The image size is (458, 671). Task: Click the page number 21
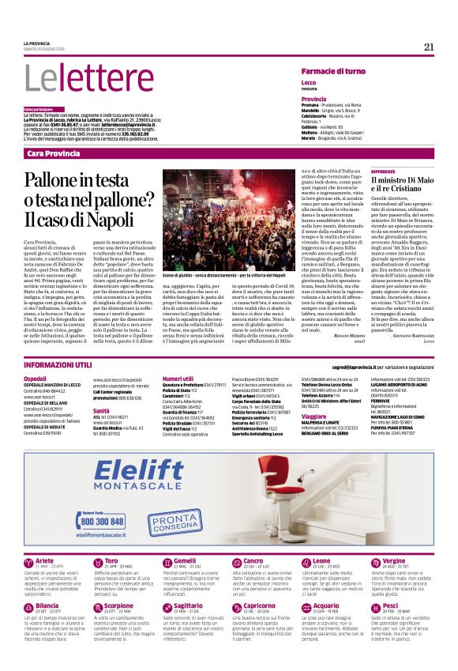pyautogui.click(x=429, y=47)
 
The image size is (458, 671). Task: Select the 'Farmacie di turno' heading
pyautogui.click(x=333, y=72)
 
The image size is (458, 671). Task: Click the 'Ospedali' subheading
pyautogui.click(x=36, y=379)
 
